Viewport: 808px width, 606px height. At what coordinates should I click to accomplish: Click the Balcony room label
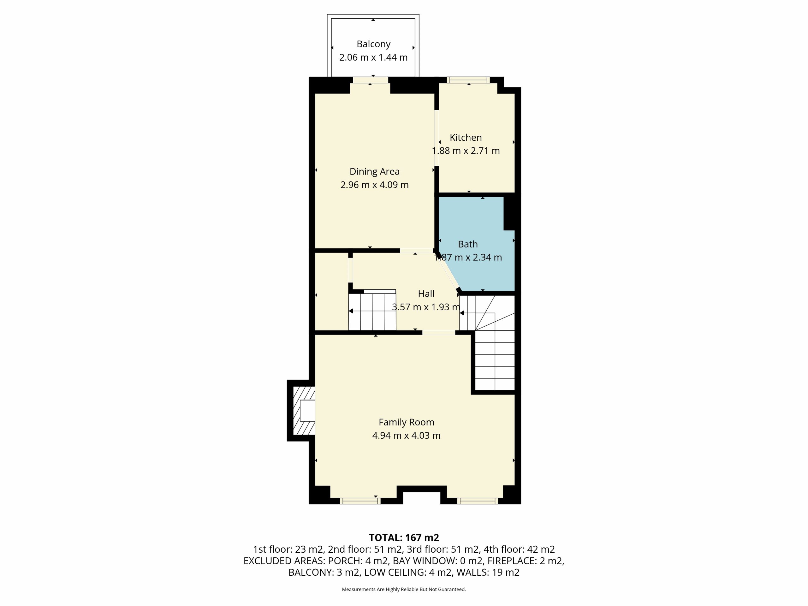(373, 44)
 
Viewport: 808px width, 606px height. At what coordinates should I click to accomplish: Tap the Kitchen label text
(466, 138)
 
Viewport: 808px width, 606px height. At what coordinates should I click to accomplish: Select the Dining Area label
(374, 172)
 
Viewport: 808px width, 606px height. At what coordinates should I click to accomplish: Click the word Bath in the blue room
(468, 244)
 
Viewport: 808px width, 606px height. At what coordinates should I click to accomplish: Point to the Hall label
(426, 294)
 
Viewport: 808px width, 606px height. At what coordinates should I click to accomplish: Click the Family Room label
(407, 422)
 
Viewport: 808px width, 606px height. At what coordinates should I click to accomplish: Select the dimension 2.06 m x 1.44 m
(373, 58)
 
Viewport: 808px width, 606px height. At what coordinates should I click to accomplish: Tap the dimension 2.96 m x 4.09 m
(374, 185)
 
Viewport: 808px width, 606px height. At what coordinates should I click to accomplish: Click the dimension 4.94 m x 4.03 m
(407, 436)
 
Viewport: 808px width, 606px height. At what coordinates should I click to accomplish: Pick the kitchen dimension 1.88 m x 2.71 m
(466, 151)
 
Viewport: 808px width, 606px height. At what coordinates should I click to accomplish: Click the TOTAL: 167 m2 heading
(404, 538)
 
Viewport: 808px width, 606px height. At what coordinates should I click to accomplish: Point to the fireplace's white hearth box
(307, 411)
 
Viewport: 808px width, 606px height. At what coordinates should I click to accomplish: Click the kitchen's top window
(468, 80)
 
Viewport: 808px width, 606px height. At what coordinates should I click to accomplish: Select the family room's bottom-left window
(360, 501)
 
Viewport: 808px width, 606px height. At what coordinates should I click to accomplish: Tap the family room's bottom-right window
(478, 501)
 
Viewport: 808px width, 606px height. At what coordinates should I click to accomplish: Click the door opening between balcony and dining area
(371, 80)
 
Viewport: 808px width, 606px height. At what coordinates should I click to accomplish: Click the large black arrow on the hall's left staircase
(351, 311)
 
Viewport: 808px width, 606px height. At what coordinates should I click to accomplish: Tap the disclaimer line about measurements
(404, 589)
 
